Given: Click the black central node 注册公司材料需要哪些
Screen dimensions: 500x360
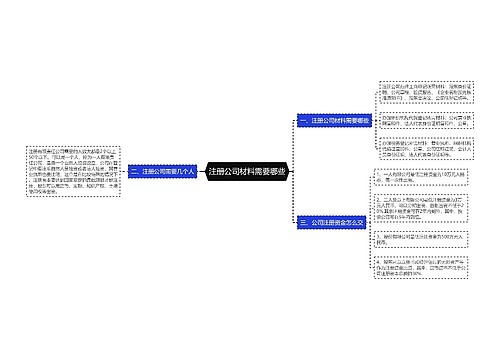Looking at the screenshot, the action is [249, 172].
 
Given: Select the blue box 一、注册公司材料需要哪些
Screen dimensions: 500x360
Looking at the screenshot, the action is [334, 121].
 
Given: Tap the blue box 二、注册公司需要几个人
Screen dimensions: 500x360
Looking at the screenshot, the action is [164, 172].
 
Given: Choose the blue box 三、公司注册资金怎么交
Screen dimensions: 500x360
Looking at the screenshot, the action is [333, 221].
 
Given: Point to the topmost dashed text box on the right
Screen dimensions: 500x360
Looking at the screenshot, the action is [420, 96].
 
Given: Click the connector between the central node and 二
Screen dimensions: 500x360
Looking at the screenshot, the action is [202, 172].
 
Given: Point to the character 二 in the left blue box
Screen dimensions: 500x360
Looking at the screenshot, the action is [134, 172].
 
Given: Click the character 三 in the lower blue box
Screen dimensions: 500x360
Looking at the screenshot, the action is [302, 221].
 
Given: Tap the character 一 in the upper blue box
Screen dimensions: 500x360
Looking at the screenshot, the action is [302, 121].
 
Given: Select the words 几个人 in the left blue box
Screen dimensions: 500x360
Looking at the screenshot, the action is [188, 172].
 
